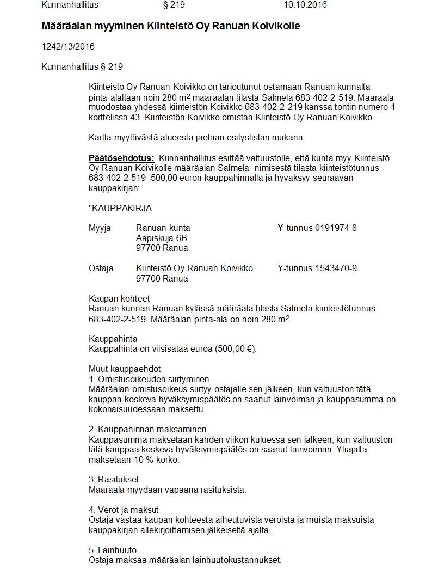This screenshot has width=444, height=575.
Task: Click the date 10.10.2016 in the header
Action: tap(305, 5)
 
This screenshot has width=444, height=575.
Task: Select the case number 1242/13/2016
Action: tap(68, 46)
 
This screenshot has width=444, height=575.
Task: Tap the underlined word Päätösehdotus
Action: tap(121, 158)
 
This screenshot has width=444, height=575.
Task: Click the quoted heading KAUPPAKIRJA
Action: tap(120, 208)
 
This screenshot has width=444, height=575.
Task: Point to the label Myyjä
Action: tap(100, 228)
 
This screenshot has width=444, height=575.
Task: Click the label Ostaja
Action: tap(101, 268)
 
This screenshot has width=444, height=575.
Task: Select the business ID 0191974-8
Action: tap(336, 228)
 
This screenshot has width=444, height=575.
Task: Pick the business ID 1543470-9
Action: tap(336, 268)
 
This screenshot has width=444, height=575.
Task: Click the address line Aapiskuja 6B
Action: tap(162, 238)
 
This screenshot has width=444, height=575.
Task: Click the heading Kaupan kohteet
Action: tap(119, 298)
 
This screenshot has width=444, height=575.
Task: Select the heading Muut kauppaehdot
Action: tap(125, 369)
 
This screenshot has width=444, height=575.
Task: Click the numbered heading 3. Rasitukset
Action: tap(114, 479)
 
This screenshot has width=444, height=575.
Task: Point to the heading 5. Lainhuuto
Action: tap(113, 549)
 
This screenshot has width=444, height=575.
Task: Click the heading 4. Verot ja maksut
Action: tap(124, 510)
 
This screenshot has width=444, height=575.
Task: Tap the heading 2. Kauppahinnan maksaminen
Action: tap(147, 429)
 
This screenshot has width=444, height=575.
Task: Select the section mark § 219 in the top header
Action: tap(174, 5)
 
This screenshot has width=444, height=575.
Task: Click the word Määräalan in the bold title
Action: tap(65, 26)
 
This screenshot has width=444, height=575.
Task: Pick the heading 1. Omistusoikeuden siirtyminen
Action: tap(149, 379)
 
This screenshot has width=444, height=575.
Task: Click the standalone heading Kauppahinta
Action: tap(113, 339)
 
